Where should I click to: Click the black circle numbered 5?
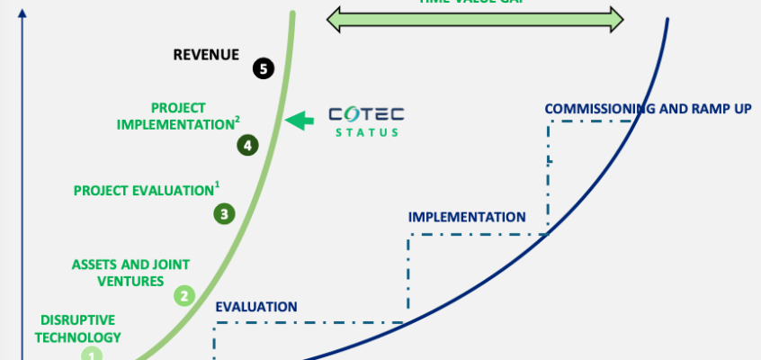(x=263, y=68)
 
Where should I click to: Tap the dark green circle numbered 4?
(x=247, y=144)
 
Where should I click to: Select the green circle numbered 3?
(x=224, y=213)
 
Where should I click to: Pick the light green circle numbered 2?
(x=184, y=294)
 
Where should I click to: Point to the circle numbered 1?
(x=92, y=355)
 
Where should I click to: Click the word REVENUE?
(x=206, y=55)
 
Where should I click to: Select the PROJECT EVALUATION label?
(x=143, y=191)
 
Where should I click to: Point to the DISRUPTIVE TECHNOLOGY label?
(x=81, y=328)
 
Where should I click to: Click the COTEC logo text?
(x=366, y=114)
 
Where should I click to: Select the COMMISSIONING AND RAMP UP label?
(x=648, y=109)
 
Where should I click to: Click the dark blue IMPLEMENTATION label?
(x=466, y=217)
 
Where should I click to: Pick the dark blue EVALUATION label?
(x=255, y=306)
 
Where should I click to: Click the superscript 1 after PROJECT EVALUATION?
(x=217, y=185)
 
